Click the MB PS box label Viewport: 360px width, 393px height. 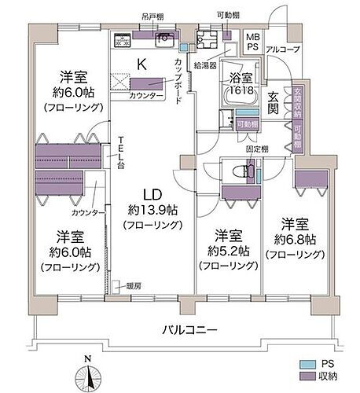coord(253,43)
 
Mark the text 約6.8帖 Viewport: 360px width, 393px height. coord(293,239)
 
